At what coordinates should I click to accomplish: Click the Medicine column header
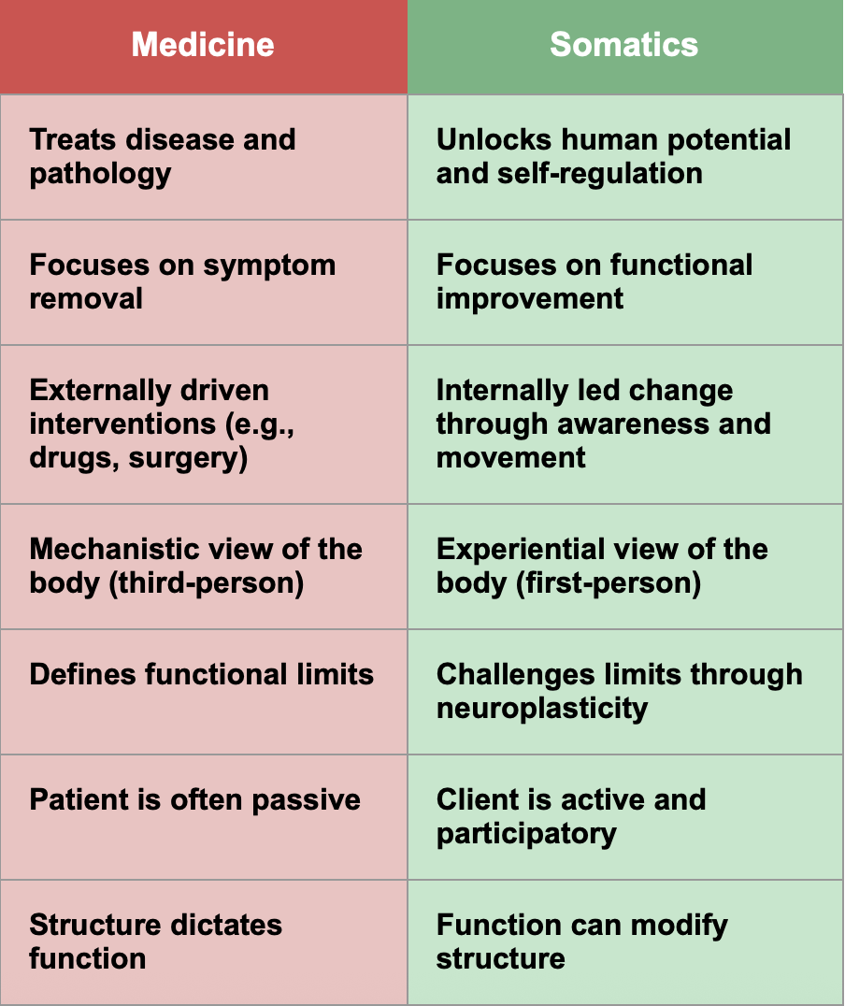(x=203, y=45)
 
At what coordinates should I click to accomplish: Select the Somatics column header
(x=624, y=45)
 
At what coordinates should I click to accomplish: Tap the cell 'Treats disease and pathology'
(x=203, y=157)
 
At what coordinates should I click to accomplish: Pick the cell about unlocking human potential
(x=624, y=157)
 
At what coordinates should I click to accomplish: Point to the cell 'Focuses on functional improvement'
(x=624, y=282)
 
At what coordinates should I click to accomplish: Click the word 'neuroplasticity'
(x=542, y=708)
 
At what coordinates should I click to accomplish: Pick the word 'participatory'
(x=526, y=833)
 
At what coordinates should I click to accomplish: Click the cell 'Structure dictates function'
(x=203, y=942)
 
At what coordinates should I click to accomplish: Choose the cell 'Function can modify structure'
(x=624, y=942)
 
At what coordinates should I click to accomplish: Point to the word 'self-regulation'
(x=598, y=174)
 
